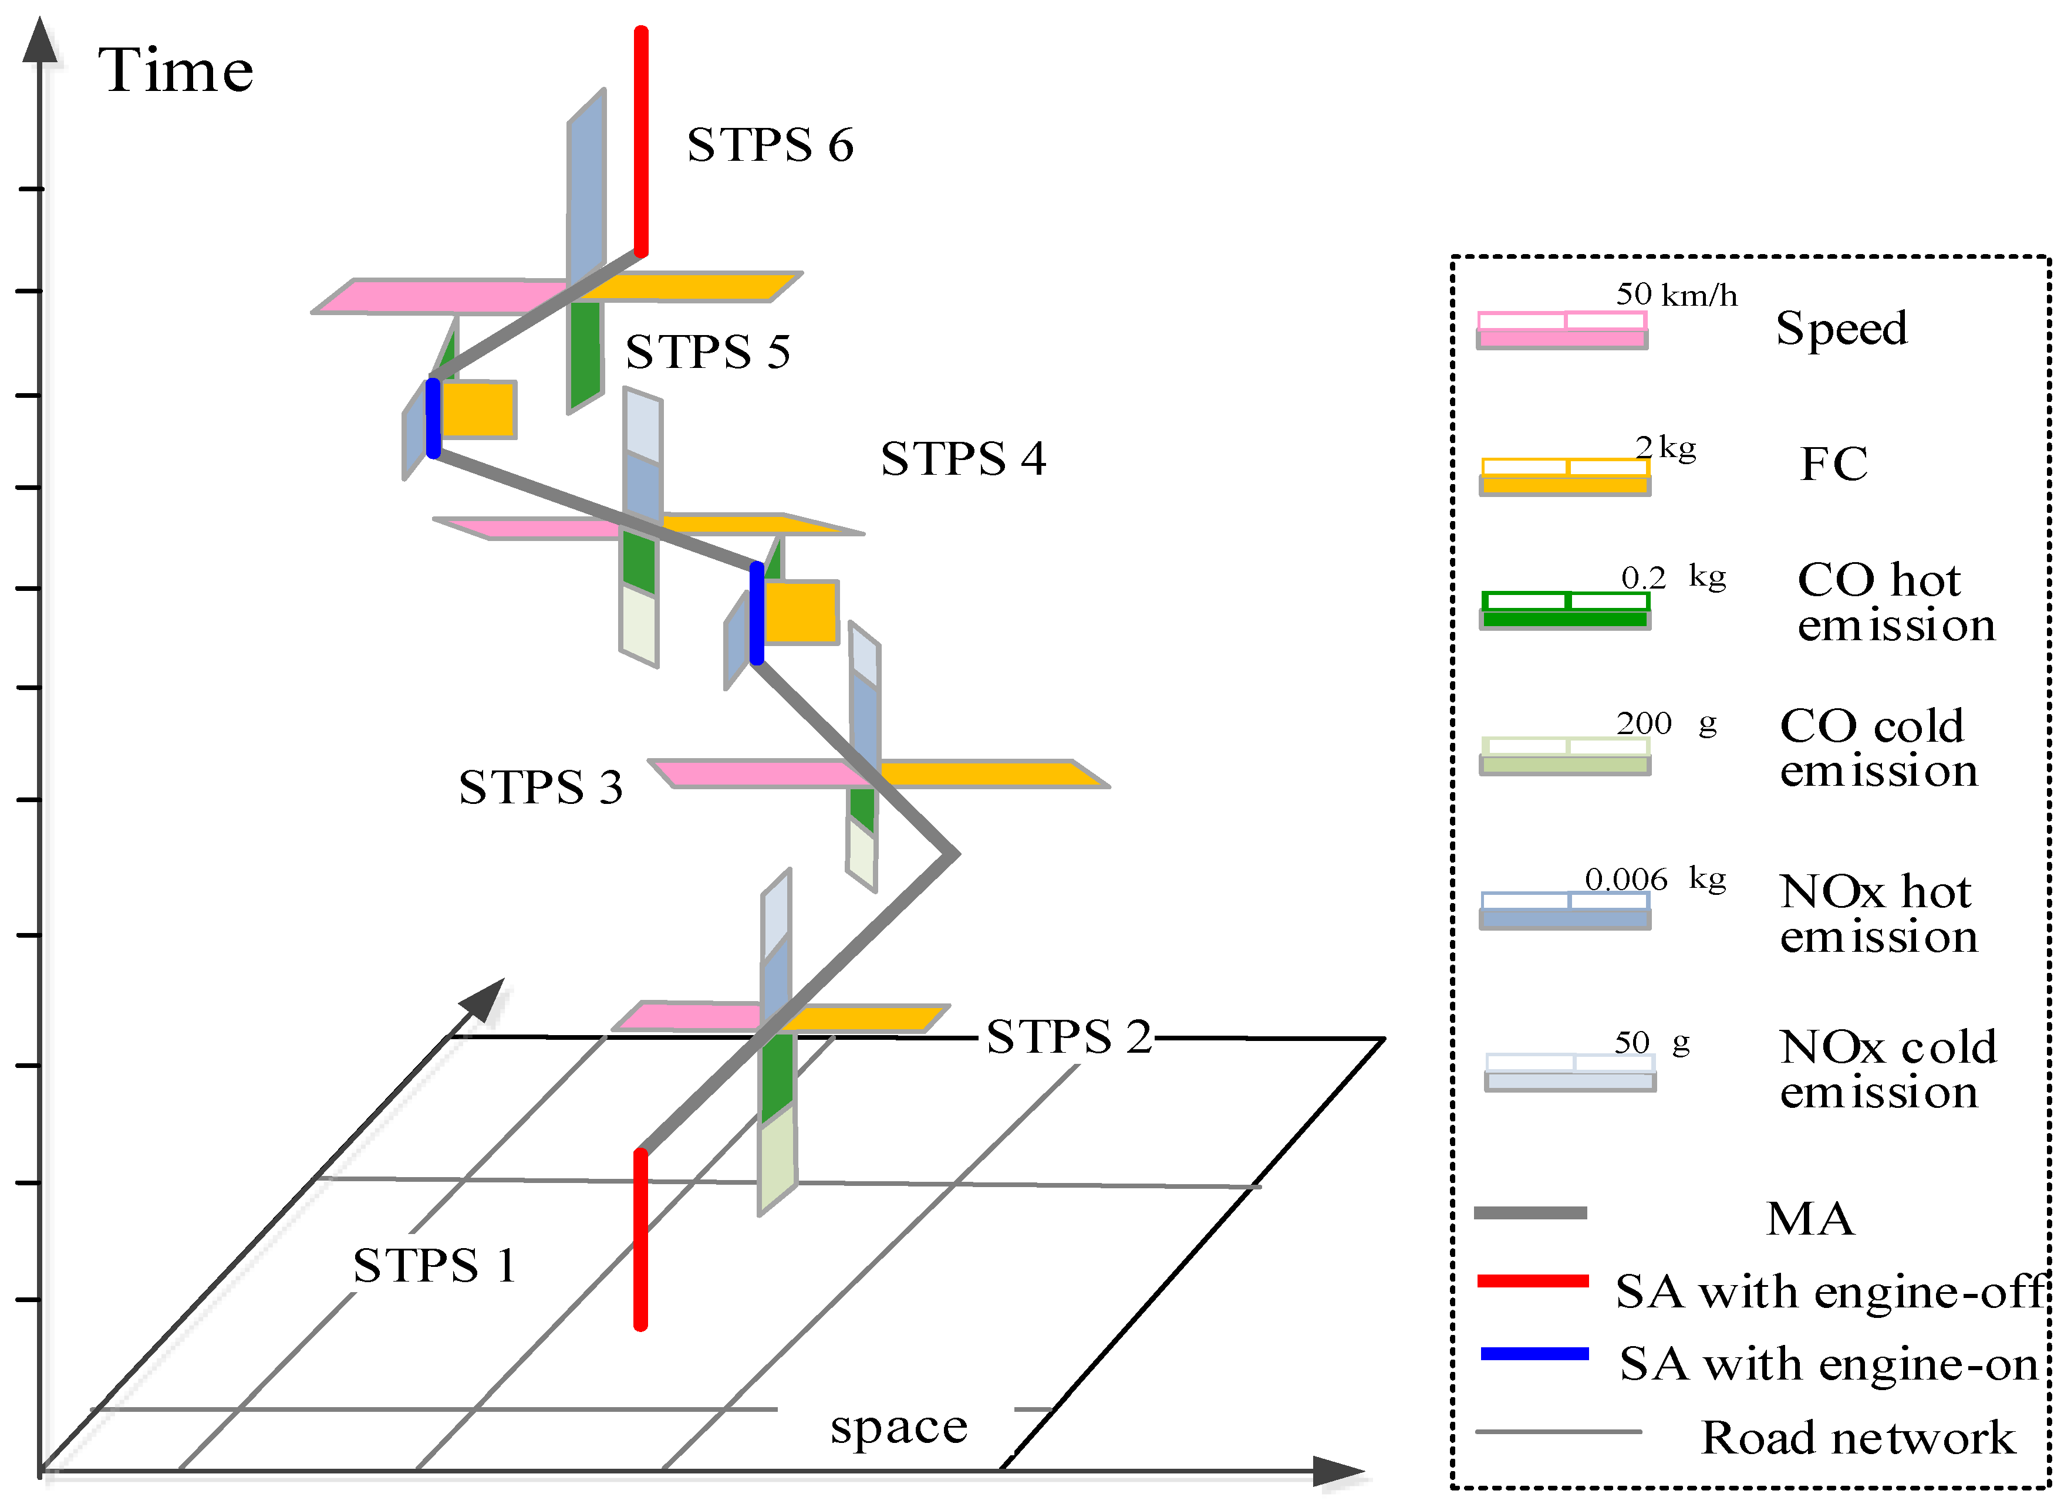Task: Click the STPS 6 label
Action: [770, 144]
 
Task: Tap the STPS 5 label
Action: [708, 351]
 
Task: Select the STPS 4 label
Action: [963, 458]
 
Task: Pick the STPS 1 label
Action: [434, 1265]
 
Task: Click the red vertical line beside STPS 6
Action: [641, 142]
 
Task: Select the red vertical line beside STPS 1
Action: [640, 1239]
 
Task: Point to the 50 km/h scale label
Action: [1676, 295]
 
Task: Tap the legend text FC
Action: [1834, 463]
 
